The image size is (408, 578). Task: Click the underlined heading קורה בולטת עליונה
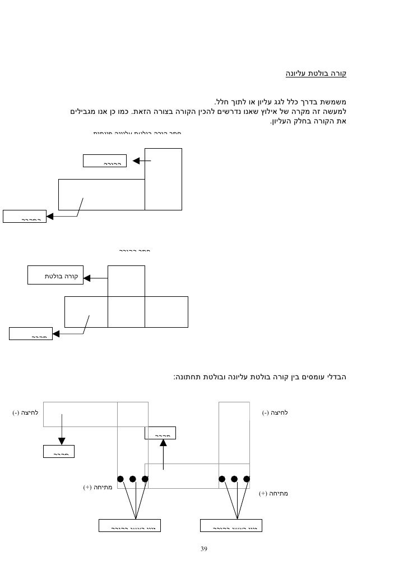pyautogui.click(x=317, y=74)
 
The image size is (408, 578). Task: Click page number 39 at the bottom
pyautogui.click(x=204, y=549)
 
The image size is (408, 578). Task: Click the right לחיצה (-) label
pyautogui.click(x=275, y=414)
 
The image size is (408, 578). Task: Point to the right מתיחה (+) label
pyautogui.click(x=273, y=494)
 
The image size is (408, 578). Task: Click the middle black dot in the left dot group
pyautogui.click(x=133, y=479)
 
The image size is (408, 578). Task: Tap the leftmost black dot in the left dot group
pyautogui.click(x=120, y=479)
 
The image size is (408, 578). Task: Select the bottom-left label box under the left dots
pyautogui.click(x=129, y=525)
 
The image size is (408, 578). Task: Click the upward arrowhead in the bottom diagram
pyautogui.click(x=163, y=442)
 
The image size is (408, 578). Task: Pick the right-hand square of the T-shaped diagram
pyautogui.click(x=166, y=311)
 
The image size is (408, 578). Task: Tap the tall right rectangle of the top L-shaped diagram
pyautogui.click(x=163, y=178)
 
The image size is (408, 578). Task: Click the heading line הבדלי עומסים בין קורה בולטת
pyautogui.click(x=261, y=377)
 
